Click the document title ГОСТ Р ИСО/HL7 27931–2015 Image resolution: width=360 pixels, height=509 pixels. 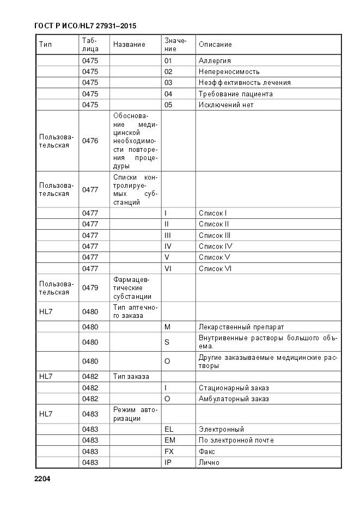pos(85,26)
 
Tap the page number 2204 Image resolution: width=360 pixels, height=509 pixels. pos(42,479)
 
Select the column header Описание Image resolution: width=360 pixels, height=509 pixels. pos(215,45)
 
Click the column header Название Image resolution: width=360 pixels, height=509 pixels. pos(129,45)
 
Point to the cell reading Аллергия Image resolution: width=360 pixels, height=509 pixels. pos(215,61)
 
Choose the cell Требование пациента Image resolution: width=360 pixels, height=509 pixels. pos(235,94)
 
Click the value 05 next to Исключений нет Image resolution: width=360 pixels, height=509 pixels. pos(168,105)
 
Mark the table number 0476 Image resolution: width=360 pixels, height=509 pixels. pos(90,141)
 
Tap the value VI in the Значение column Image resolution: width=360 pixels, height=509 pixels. pos(168,268)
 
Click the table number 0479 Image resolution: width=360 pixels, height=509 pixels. pos(90,288)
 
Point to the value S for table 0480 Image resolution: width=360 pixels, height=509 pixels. pos(167,342)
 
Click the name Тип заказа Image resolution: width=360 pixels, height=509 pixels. pos(131,377)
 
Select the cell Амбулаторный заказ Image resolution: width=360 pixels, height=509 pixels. pos(234,399)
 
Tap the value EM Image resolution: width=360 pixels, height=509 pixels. pos(169,440)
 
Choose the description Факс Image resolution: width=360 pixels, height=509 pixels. pos(207,452)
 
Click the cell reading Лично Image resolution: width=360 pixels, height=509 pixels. pos(209,463)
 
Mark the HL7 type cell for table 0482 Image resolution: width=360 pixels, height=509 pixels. pos(46,377)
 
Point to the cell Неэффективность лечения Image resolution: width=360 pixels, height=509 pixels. pos(245,83)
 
